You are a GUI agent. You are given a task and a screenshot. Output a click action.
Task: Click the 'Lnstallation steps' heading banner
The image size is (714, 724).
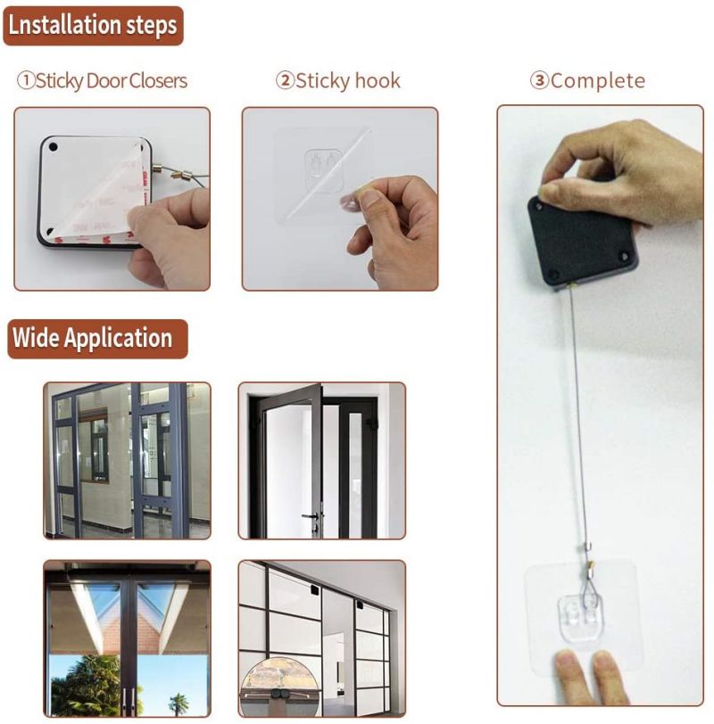(93, 25)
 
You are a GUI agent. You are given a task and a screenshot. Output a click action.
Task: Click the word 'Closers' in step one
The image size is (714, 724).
(158, 81)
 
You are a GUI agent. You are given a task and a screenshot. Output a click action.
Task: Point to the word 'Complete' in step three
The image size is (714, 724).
(597, 81)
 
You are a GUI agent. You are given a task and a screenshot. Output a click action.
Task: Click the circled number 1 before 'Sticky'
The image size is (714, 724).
(25, 81)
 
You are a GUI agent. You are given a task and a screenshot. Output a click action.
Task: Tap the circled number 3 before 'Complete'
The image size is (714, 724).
(539, 81)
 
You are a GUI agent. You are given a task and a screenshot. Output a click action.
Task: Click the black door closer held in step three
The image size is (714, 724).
(581, 242)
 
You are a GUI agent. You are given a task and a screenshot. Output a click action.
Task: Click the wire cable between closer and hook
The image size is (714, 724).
(577, 410)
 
